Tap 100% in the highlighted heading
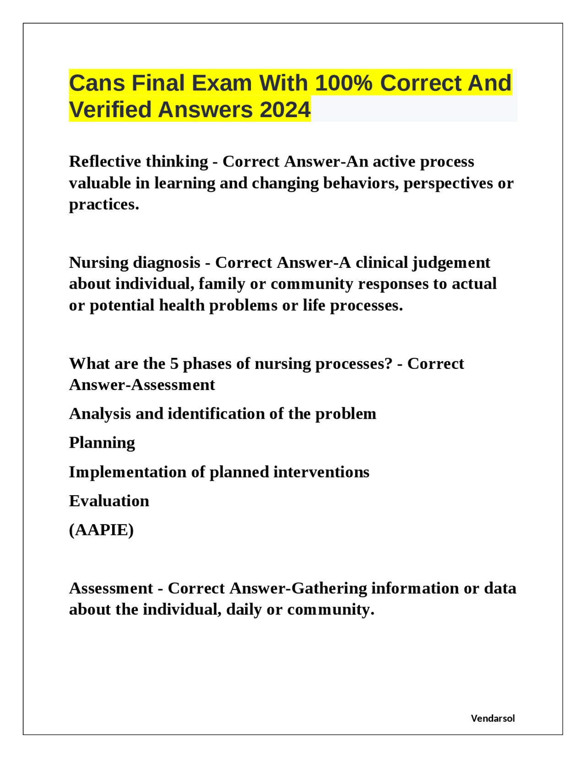tap(343, 83)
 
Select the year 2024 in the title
tap(285, 110)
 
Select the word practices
tap(104, 205)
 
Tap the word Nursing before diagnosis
tap(99, 263)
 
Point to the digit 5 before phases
tap(174, 364)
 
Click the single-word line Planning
tap(102, 443)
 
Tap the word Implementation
tap(128, 472)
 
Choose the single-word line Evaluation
tap(109, 501)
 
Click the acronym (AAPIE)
tap(101, 530)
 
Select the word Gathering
tap(329, 588)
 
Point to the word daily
tap(244, 610)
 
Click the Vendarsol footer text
tap(493, 719)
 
